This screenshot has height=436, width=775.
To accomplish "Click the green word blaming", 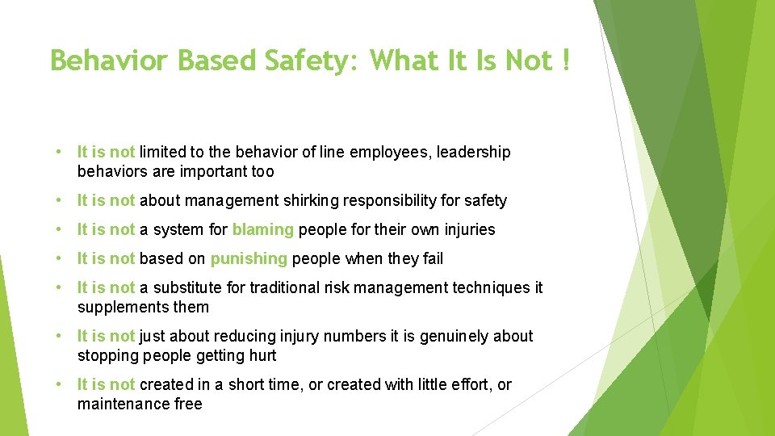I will tap(263, 229).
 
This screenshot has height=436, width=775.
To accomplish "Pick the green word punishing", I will tap(249, 258).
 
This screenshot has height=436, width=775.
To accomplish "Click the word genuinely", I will tap(453, 336).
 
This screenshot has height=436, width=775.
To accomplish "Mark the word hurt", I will tap(262, 355).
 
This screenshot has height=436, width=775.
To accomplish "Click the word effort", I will tap(470, 384).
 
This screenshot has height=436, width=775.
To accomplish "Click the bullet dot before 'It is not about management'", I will tap(61, 200).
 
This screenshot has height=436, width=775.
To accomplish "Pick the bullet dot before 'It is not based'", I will tap(61, 258).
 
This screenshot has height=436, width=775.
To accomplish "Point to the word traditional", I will tap(283, 287).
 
